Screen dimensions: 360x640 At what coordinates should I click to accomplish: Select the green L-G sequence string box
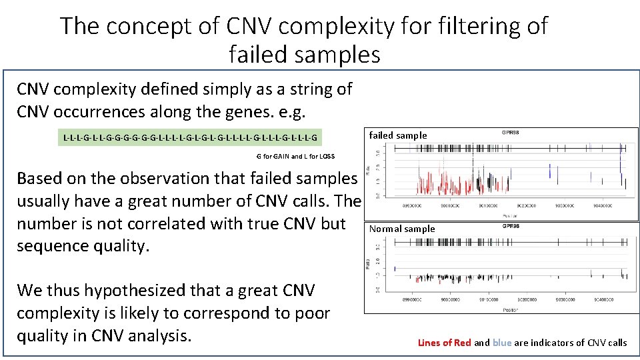(190, 138)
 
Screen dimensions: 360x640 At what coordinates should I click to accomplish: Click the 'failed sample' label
(398, 135)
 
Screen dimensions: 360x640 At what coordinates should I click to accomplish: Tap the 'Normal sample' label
(402, 229)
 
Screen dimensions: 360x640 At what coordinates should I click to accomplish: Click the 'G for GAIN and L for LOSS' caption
(295, 157)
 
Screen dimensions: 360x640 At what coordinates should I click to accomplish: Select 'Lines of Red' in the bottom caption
(444, 343)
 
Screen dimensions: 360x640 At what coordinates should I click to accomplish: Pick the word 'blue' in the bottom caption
(502, 343)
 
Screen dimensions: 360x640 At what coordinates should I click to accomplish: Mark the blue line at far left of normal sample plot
(395, 268)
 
